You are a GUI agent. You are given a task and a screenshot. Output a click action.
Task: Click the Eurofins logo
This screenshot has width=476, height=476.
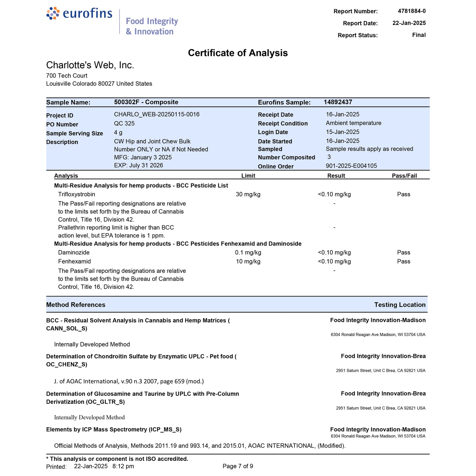pos(79,14)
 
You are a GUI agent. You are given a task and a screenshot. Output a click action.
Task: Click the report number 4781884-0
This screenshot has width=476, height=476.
pos(411,11)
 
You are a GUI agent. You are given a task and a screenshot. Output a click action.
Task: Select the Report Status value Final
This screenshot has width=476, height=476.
pos(419,35)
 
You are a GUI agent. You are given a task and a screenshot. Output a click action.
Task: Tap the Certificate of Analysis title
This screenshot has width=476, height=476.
pos(238,53)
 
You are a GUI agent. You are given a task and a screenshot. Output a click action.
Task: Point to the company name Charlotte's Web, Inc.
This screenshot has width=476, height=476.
pos(90,65)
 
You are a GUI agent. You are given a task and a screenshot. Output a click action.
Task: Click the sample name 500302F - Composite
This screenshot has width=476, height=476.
pos(146,102)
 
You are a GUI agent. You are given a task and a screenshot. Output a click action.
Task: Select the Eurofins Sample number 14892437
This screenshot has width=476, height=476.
pos(338,102)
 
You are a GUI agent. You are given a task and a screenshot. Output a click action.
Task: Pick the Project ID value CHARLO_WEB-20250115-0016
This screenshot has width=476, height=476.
pos(156,114)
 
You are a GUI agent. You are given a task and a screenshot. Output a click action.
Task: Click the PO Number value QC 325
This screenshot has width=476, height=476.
pos(124,123)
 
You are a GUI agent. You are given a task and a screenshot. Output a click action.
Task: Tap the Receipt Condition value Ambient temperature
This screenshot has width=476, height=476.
pos(353,123)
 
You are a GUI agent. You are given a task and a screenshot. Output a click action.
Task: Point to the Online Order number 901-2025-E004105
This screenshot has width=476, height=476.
pos(351,166)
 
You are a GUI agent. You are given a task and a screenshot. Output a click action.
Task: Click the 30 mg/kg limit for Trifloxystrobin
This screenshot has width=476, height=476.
pos(248,194)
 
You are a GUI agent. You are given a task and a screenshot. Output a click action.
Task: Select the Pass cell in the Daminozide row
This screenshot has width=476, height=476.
pos(404,253)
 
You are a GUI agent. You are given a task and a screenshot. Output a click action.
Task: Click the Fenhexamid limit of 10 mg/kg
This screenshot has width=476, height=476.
pos(248,262)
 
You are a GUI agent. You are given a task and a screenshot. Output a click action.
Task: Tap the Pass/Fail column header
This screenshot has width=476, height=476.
pos(404,176)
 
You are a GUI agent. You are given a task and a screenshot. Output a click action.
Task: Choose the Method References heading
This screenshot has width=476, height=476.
pos(76,305)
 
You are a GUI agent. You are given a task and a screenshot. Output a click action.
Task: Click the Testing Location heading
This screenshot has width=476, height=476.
pos(400,305)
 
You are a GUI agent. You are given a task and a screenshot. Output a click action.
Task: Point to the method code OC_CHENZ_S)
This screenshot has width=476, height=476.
pos(67,364)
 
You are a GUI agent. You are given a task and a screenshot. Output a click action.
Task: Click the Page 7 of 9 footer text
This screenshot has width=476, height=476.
pos(238,466)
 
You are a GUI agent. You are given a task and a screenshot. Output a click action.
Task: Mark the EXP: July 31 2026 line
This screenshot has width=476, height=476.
pos(138,165)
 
